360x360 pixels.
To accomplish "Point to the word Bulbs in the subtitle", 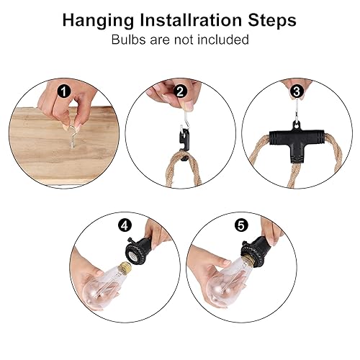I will tap(130, 40).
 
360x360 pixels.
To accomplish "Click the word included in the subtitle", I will tap(224, 40).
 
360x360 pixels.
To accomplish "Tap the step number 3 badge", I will tap(297, 91).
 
